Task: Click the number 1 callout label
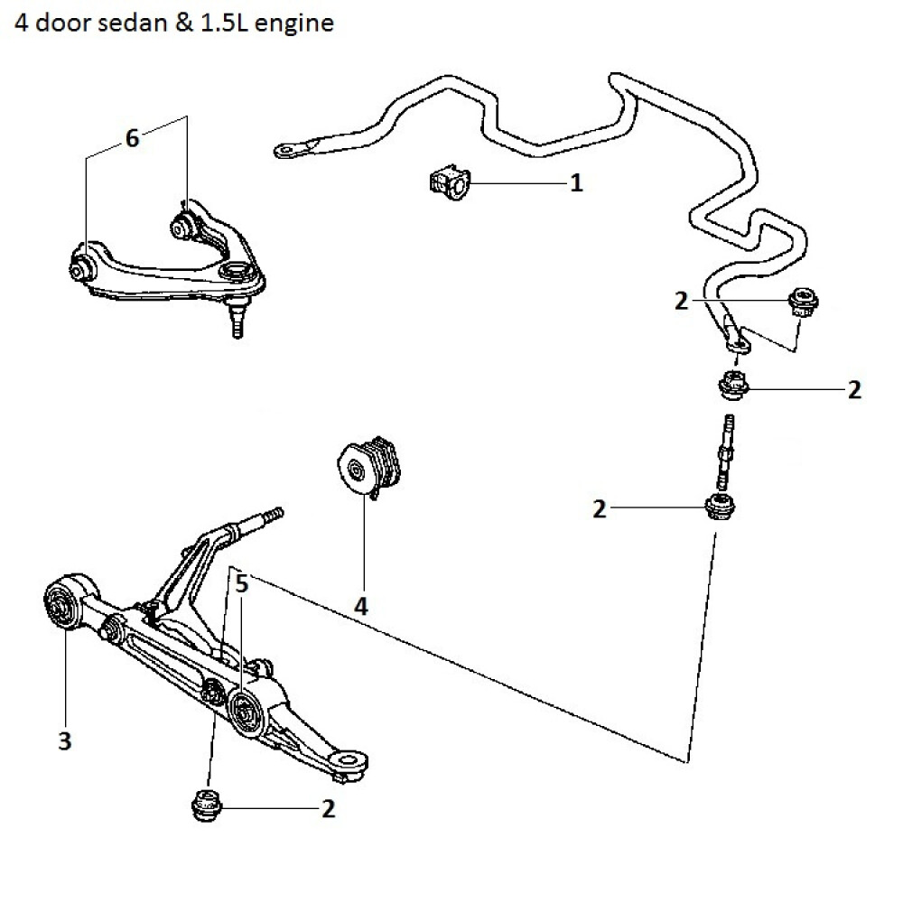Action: (x=575, y=184)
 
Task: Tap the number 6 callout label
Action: (x=133, y=138)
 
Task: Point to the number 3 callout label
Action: (x=64, y=741)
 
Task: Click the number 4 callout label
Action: (x=360, y=607)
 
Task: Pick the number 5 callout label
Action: (x=241, y=584)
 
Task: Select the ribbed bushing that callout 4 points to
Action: (x=370, y=465)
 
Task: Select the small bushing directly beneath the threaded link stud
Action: (x=720, y=508)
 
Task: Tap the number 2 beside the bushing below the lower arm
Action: (x=328, y=809)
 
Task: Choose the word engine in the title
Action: (x=295, y=23)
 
